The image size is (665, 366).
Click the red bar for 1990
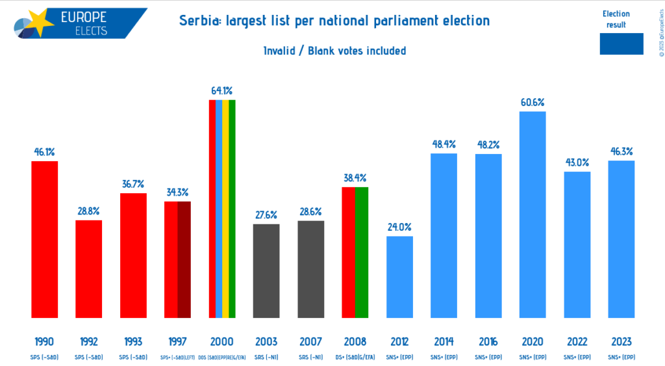pyautogui.click(x=45, y=240)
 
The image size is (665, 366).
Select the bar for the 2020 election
pyautogui.click(x=533, y=215)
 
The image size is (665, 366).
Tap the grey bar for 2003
pyautogui.click(x=266, y=271)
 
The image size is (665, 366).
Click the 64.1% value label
pyautogui.click(x=222, y=91)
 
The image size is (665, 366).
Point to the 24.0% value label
pyautogui.click(x=399, y=227)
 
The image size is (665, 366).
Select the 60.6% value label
pyautogui.click(x=533, y=102)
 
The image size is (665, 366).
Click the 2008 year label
pyautogui.click(x=355, y=341)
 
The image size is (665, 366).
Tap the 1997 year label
pyautogui.click(x=177, y=341)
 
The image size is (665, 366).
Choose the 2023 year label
pyautogui.click(x=621, y=341)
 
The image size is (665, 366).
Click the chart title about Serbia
pyautogui.click(x=334, y=21)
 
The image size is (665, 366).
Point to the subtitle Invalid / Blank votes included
pyautogui.click(x=334, y=50)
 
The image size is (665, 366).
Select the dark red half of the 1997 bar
pyautogui.click(x=184, y=260)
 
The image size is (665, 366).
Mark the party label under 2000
pyautogui.click(x=222, y=356)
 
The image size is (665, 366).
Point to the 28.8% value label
pyautogui.click(x=89, y=211)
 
